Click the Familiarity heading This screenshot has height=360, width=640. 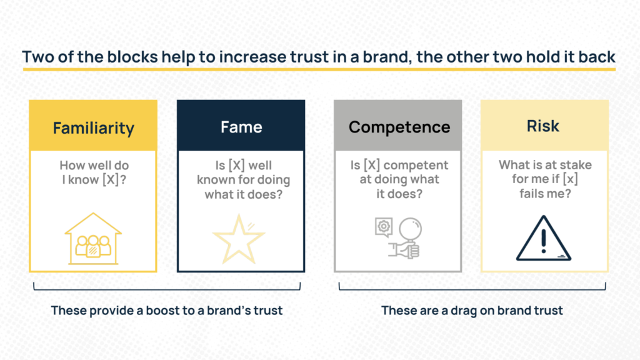point(94,128)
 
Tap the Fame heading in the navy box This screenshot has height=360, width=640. point(241,127)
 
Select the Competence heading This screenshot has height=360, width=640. point(399,127)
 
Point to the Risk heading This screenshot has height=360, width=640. point(543,126)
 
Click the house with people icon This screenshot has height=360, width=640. point(93,239)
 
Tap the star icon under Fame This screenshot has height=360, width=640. point(239,239)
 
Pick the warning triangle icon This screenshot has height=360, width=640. point(543,238)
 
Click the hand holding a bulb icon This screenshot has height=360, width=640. point(406,239)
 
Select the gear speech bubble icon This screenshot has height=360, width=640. point(384,227)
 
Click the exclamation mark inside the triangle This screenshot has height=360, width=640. point(543,241)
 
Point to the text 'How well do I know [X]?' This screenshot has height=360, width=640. point(94,172)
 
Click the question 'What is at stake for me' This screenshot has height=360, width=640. point(545,172)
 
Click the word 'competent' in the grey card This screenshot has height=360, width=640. point(416,165)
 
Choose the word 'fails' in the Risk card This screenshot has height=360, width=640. point(530,193)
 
